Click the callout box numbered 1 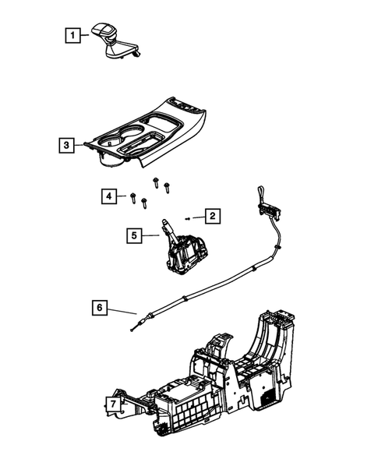click(x=71, y=35)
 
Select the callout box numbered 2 click(x=210, y=215)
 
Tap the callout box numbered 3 click(x=67, y=145)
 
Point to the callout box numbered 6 click(x=99, y=309)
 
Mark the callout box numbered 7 click(x=112, y=404)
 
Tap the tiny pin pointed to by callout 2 click(x=189, y=217)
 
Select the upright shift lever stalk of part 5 click(x=167, y=228)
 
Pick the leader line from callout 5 click(x=152, y=234)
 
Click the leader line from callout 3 click(x=85, y=144)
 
